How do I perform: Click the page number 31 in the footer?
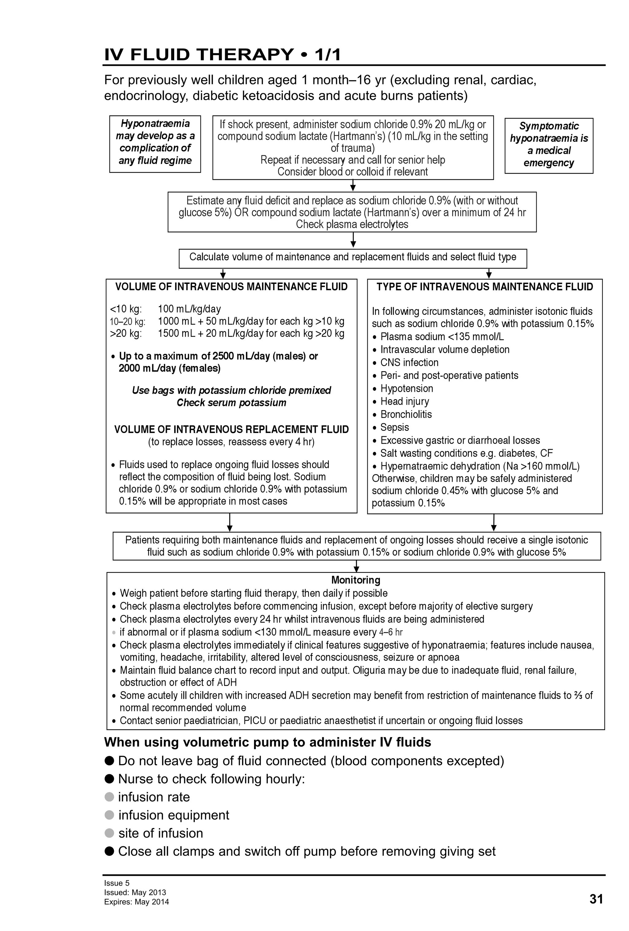click(596, 899)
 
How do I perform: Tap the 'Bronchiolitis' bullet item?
click(406, 414)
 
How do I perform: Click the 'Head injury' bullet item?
click(404, 401)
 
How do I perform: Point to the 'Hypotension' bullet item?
click(407, 388)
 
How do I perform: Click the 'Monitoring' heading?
click(355, 580)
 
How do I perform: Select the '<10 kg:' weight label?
click(126, 309)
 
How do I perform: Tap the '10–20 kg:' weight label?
click(127, 321)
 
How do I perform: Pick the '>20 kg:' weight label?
click(126, 333)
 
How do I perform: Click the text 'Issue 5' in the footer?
click(117, 883)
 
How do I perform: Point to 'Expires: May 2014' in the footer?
click(136, 902)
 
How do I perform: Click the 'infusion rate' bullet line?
click(154, 797)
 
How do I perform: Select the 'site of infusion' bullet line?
click(160, 833)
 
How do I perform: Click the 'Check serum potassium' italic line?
click(231, 403)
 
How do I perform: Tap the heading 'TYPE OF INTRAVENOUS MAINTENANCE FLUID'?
click(484, 287)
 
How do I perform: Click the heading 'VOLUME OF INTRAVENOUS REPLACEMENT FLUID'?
click(231, 430)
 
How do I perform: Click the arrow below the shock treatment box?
click(353, 185)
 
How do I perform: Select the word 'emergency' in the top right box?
click(549, 163)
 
